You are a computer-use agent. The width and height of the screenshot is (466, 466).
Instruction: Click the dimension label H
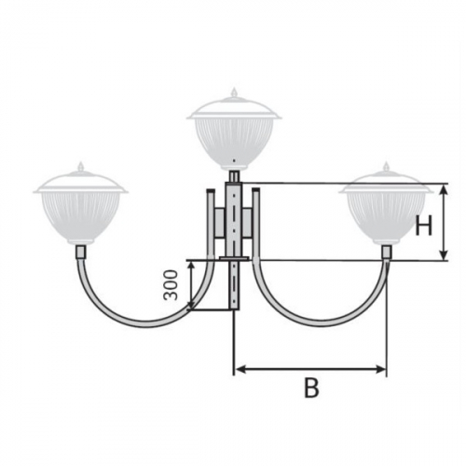coord(423,226)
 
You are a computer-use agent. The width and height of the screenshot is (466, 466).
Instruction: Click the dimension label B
coord(311,388)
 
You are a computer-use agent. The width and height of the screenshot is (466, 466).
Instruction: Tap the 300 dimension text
coord(171,285)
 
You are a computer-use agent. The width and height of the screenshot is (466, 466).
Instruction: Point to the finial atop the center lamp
coord(234,92)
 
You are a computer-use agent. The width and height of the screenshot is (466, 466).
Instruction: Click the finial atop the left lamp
coord(81,166)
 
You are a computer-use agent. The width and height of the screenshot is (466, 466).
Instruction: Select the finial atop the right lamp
coord(386,166)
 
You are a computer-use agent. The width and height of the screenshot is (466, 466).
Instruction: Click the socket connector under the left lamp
coord(81,252)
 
